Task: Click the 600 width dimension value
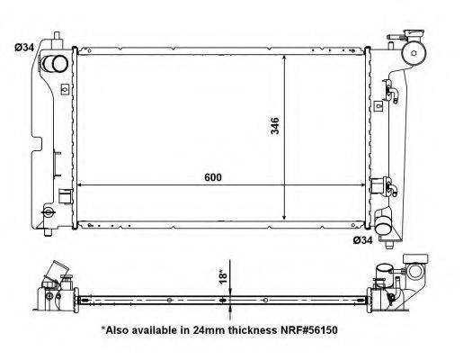click(212, 177)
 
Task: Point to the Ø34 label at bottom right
click(361, 239)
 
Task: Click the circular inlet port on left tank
click(56, 65)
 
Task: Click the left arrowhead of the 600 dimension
click(81, 184)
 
